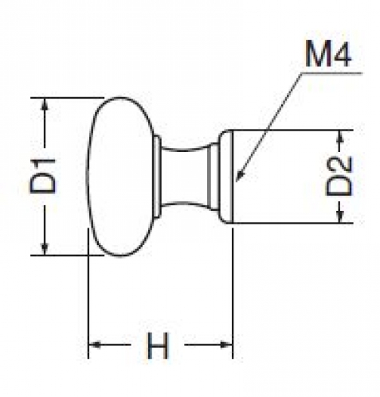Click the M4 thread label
tap(328, 53)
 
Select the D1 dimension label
tap(43, 176)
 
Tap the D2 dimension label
tap(339, 177)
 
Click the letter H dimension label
tap(158, 344)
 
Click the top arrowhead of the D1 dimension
tap(45, 104)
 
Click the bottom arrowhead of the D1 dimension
tap(45, 249)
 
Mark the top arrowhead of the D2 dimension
tap(339, 136)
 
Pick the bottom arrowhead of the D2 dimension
tap(339, 216)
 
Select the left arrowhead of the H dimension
tap(94, 344)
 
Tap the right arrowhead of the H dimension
tap(226, 344)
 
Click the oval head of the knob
tap(121, 177)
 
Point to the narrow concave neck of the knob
tap(185, 177)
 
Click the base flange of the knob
tap(225, 177)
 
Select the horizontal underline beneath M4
tap(331, 72)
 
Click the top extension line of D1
tap(67, 98)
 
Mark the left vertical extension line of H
tap(88, 293)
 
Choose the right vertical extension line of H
tap(233, 293)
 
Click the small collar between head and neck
tap(158, 177)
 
